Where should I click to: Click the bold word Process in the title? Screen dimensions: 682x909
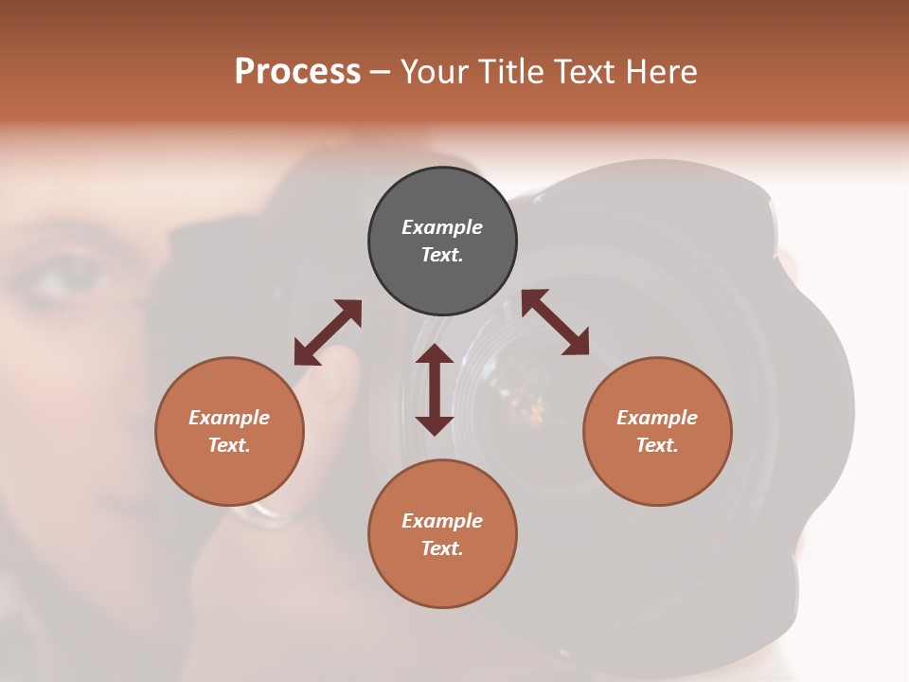(297, 72)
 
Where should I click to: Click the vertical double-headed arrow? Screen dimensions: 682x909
(435, 389)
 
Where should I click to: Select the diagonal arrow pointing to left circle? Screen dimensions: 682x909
(328, 332)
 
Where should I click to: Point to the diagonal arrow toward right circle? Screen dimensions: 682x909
(556, 322)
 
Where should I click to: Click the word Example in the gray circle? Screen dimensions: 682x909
(442, 227)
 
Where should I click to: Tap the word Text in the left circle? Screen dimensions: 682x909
(229, 445)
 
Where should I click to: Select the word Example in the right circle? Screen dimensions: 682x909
(657, 418)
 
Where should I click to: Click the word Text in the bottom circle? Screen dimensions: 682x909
(442, 548)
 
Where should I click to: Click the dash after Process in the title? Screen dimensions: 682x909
(381, 72)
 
